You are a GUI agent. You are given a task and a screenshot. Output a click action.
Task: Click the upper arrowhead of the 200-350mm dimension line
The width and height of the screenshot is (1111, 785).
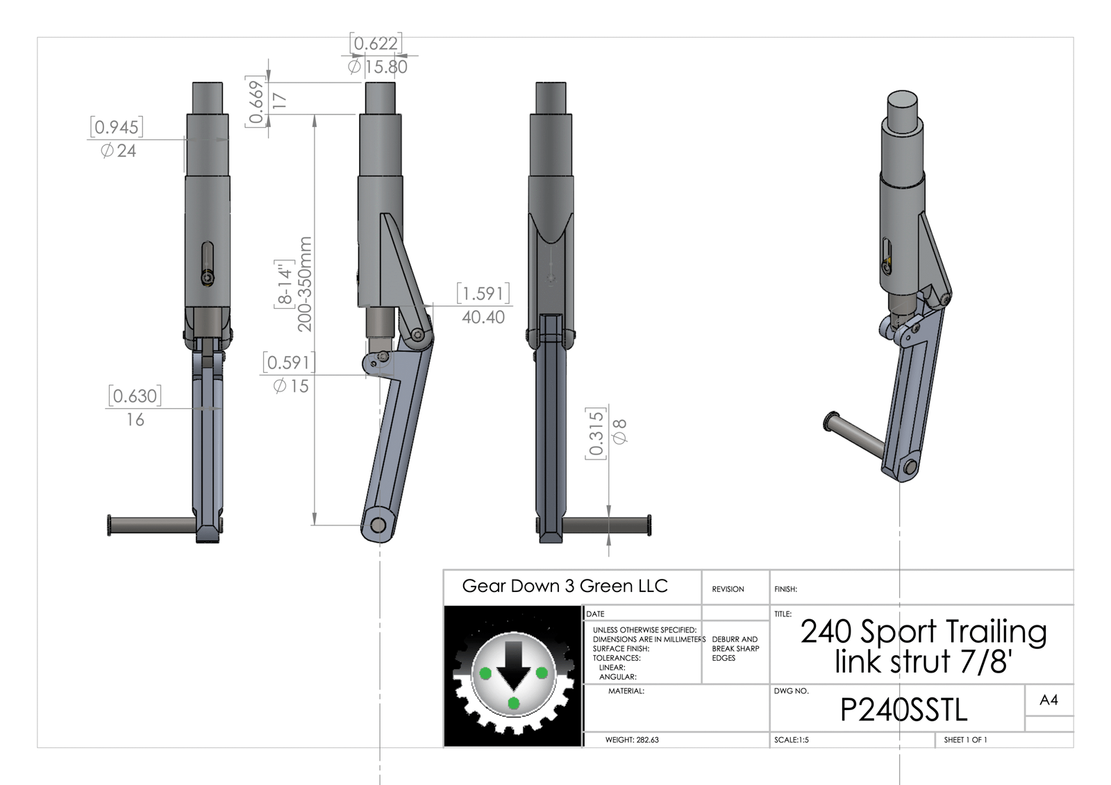315,119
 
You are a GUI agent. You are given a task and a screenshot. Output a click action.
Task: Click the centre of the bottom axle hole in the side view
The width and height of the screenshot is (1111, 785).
378,525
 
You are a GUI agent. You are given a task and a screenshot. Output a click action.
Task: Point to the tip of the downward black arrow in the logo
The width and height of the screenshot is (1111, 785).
514,690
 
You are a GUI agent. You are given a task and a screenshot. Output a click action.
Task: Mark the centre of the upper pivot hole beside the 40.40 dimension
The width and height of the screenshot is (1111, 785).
417,335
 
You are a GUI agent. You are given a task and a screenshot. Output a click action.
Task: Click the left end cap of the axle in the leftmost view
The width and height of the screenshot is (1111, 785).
109,525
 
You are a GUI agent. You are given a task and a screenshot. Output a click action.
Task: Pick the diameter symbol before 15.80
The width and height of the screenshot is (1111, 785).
354,67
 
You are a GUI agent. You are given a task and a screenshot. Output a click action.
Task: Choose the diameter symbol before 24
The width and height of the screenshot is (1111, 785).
107,150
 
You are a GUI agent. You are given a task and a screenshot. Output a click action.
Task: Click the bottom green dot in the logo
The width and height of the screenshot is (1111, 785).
514,703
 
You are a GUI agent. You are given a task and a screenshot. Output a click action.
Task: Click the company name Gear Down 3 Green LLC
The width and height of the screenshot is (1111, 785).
565,586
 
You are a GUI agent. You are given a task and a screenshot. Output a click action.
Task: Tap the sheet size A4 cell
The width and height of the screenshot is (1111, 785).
1049,700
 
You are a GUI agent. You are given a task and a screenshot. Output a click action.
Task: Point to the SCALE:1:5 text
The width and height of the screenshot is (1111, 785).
792,740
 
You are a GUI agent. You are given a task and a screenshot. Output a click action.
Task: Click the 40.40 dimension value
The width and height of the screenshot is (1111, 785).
483,317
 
